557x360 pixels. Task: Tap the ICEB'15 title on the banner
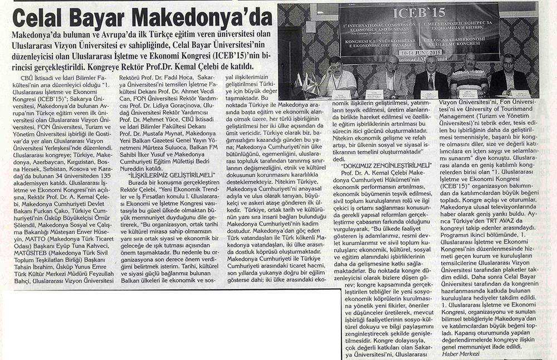pyautogui.click(x=419, y=12)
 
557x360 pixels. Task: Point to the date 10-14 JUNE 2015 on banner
pyautogui.click(x=421, y=52)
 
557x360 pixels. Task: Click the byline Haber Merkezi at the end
pyautogui.click(x=461, y=354)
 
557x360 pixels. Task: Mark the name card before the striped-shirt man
pyautogui.click(x=468, y=94)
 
